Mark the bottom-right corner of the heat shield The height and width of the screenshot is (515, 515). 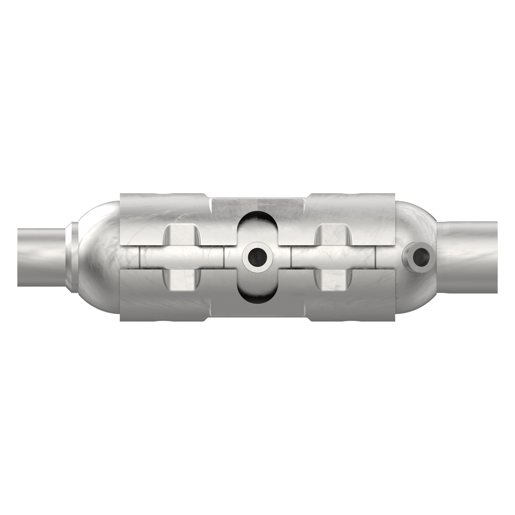[x=395, y=321]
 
